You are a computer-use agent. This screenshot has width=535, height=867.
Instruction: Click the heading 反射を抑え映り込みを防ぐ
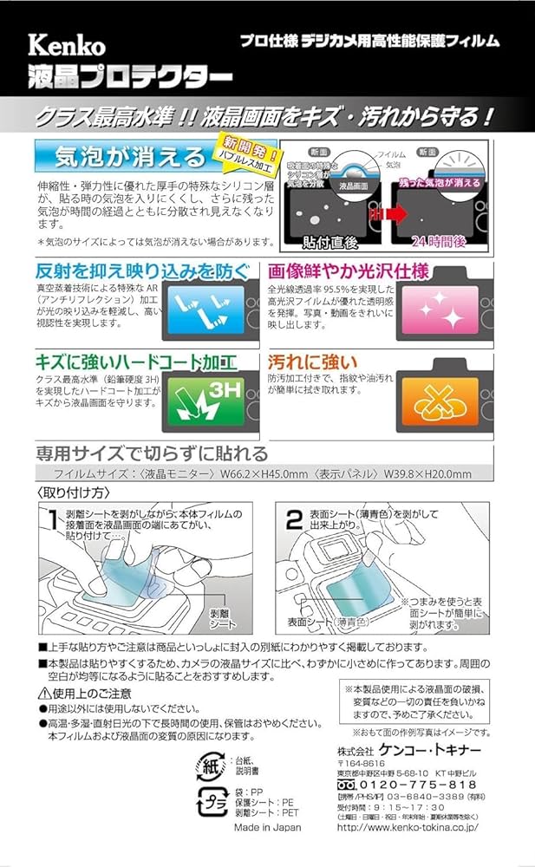click(141, 271)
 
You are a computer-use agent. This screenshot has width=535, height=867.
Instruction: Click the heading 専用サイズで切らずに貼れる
click(152, 453)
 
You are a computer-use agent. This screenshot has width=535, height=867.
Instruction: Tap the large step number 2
click(294, 520)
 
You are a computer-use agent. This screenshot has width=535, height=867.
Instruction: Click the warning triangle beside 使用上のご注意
click(43, 693)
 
